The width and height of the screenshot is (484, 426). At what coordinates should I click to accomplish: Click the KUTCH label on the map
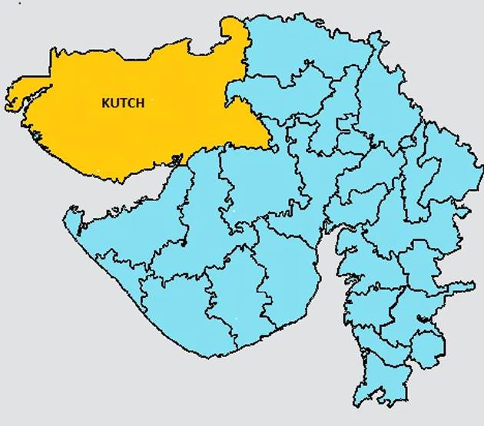pyautogui.click(x=123, y=103)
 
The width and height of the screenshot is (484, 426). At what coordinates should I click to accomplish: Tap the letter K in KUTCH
pyautogui.click(x=106, y=103)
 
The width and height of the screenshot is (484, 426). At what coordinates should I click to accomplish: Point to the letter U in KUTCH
pyautogui.click(x=114, y=103)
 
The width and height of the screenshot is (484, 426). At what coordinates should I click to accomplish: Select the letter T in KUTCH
pyautogui.click(x=122, y=103)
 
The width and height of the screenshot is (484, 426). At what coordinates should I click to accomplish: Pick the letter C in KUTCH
pyautogui.click(x=131, y=103)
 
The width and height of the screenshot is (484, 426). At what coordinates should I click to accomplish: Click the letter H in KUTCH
pyautogui.click(x=139, y=103)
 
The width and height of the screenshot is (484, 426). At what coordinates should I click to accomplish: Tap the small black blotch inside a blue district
pyautogui.click(x=421, y=318)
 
